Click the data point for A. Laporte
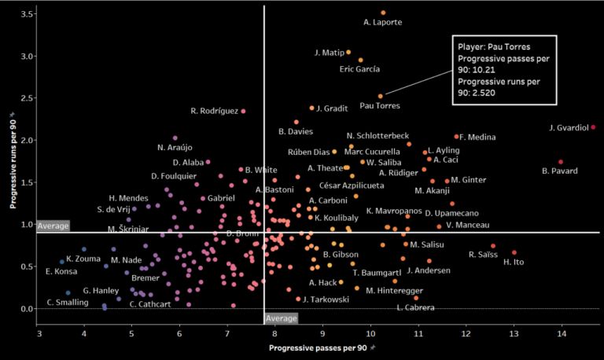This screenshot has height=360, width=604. pos(383,13)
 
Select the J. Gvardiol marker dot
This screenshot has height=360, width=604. pos(593,127)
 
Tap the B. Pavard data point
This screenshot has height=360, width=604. pos(561,162)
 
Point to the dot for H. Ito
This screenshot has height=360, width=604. pos(514,253)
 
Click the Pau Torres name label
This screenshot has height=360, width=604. pos(379,105)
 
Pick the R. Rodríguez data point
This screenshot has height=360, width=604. pos(244,112)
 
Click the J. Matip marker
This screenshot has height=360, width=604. pos(348,52)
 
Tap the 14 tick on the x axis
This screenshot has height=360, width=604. pos(562,334)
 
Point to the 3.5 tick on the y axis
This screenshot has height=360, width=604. pos(27,14)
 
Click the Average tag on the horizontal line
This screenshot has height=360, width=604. pos(53,226)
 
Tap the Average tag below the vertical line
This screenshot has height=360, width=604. pos(281,318)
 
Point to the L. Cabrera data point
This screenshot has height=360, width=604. pos(416,298)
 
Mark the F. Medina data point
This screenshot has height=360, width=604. pos(456,137)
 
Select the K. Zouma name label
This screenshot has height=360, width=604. pos(81,259)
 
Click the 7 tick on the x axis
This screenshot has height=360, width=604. pos(227,334)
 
